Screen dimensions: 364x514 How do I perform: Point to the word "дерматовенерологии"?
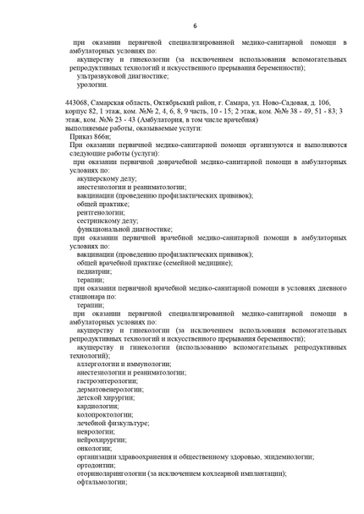[x=111, y=389]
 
